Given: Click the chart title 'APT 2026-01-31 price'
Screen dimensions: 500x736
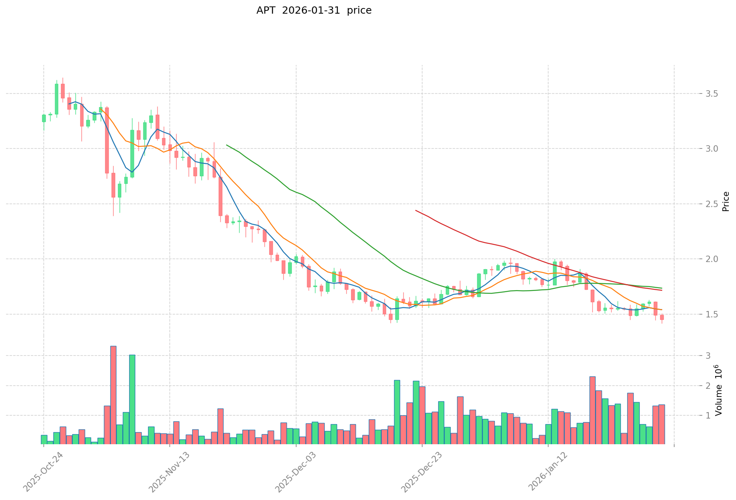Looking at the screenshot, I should click(314, 11).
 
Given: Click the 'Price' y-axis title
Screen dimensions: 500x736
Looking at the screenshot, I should click(726, 201).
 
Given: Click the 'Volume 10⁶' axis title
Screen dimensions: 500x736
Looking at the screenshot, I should click(719, 390).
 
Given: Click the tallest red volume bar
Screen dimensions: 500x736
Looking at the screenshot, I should click(113, 395).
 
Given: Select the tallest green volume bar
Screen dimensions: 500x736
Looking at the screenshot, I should click(132, 400).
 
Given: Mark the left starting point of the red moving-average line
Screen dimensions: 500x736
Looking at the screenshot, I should click(416, 210).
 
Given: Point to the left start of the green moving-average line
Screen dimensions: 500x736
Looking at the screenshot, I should click(227, 145).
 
